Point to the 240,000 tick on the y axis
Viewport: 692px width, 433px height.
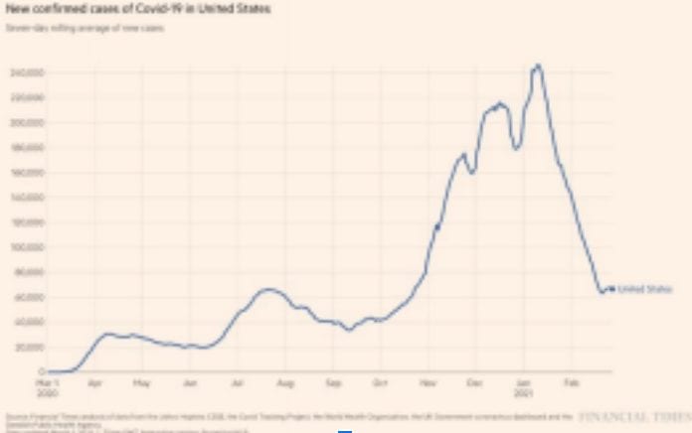[25, 73]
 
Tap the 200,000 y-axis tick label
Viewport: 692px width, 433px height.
[25, 123]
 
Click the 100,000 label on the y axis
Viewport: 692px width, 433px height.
[25, 247]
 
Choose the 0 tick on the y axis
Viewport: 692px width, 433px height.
[36, 371]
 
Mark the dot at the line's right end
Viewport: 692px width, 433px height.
[611, 288]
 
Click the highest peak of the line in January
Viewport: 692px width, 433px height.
[538, 66]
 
